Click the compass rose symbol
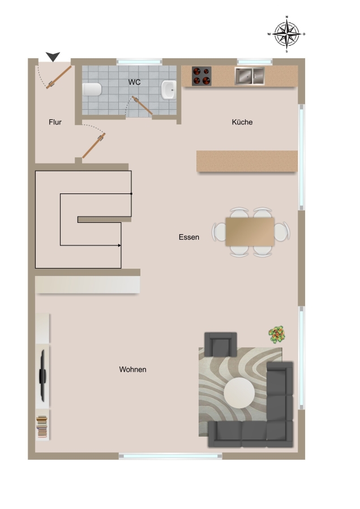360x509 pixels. [286, 34]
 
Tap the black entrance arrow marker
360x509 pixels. [53, 56]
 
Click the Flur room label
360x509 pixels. [55, 122]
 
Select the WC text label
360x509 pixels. [134, 82]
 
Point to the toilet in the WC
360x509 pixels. [92, 89]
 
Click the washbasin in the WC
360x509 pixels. [169, 89]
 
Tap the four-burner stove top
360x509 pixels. [202, 76]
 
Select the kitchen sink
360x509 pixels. [250, 76]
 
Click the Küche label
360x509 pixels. [242, 122]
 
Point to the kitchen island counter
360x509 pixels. [247, 161]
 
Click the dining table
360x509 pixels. [250, 232]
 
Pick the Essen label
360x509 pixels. [188, 237]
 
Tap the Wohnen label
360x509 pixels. [132, 369]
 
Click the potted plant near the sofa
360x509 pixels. [277, 335]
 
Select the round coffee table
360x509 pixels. [239, 393]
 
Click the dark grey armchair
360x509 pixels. [220, 344]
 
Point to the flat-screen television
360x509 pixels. [42, 376]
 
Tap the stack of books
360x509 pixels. [41, 426]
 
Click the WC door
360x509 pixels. [142, 105]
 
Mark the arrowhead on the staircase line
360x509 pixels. [119, 245]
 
